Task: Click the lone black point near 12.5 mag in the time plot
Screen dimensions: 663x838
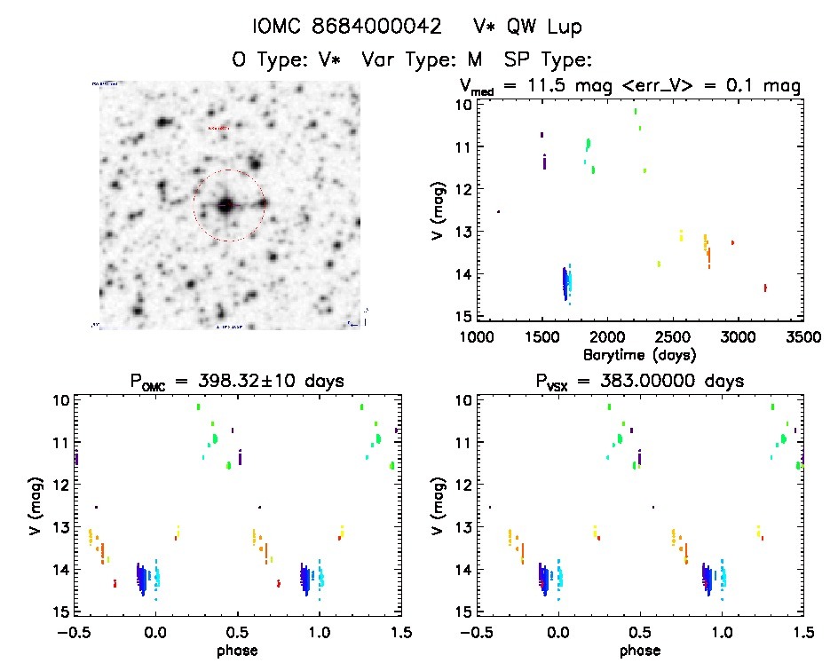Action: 498,211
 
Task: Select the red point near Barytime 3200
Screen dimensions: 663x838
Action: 765,288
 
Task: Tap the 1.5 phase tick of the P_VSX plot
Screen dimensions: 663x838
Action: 802,631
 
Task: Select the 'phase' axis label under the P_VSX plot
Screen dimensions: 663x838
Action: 640,650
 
